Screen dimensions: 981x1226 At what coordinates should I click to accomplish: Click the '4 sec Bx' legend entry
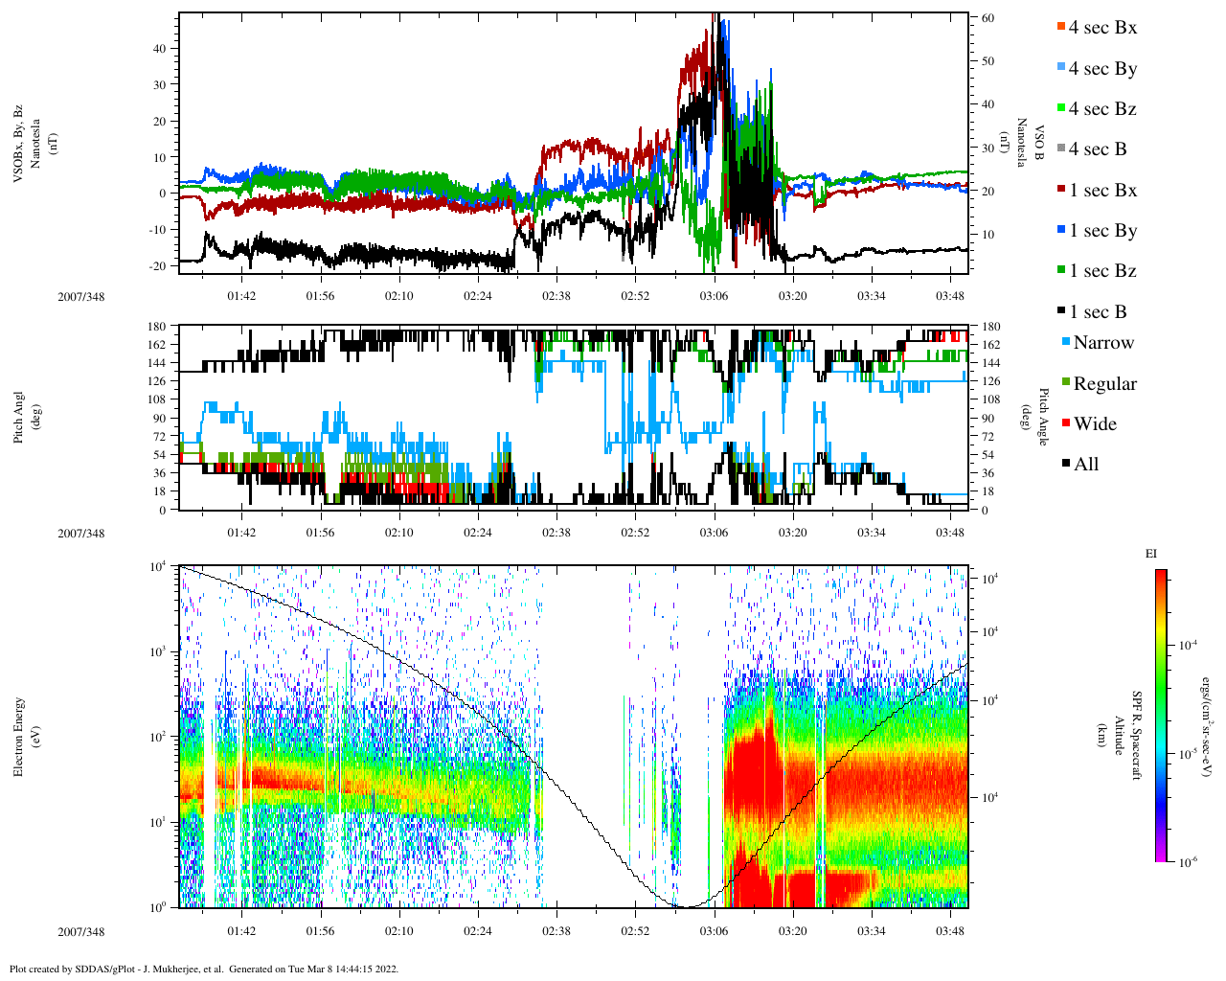point(1101,28)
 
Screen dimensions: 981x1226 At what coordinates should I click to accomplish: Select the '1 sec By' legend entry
point(1102,231)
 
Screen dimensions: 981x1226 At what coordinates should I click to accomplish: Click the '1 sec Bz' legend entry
point(1102,271)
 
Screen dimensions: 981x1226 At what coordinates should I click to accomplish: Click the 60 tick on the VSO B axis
point(988,18)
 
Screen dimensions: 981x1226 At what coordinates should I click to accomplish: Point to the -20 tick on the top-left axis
point(160,265)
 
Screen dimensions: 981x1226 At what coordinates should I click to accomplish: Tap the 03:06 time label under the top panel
point(714,296)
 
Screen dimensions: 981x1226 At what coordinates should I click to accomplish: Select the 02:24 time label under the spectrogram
point(478,931)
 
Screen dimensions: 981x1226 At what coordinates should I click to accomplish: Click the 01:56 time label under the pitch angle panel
point(320,533)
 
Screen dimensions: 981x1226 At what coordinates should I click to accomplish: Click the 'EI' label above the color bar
point(1151,554)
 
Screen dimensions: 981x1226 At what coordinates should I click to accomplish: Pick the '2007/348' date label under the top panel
point(81,296)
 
